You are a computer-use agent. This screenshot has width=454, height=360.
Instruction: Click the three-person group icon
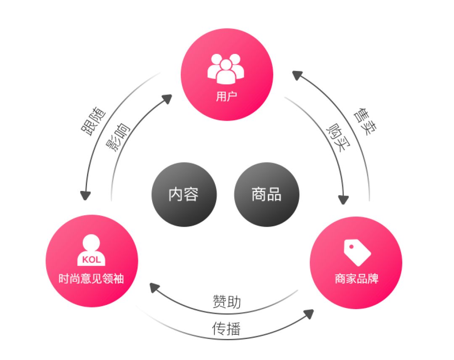(226, 67)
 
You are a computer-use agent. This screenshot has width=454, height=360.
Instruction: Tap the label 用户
(227, 97)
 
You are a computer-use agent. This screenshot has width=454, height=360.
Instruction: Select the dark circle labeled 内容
(184, 194)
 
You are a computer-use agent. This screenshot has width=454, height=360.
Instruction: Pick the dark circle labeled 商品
(267, 194)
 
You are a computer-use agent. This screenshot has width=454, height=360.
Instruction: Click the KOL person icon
(92, 250)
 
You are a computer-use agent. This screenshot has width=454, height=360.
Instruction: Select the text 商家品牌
(356, 279)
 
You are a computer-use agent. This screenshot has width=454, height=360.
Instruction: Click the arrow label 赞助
(227, 302)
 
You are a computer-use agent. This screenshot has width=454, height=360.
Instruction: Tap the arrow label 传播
(227, 328)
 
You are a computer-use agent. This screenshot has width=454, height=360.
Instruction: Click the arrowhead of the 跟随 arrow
(86, 196)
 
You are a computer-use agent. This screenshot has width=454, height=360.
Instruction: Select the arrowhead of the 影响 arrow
(167, 99)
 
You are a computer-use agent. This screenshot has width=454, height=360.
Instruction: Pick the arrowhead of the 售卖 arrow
(297, 75)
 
